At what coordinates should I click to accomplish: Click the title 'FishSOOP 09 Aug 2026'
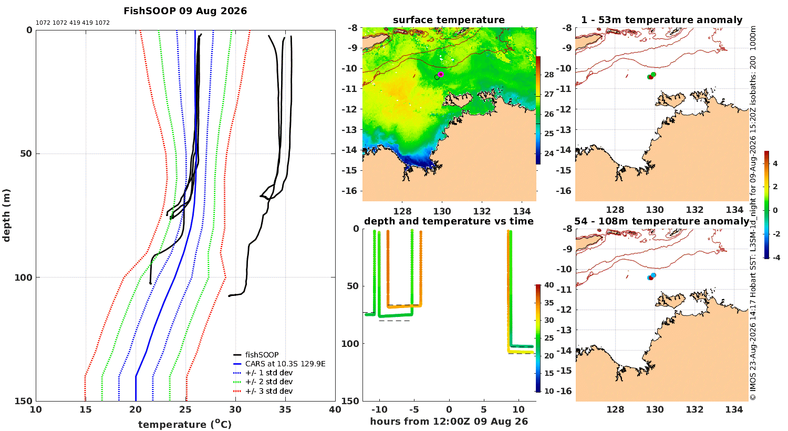185,11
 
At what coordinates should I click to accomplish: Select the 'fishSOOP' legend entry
262,355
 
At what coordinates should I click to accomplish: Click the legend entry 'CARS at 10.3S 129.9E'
285,363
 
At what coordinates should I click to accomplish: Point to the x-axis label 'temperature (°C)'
185,424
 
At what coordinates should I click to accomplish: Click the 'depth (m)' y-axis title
6,215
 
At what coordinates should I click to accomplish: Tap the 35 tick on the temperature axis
285,409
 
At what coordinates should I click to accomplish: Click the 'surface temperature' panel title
449,20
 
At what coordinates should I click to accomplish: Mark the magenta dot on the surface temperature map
441,74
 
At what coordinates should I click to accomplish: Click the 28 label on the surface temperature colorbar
549,75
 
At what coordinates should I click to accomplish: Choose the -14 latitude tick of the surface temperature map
350,150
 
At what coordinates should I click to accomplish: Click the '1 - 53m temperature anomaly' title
662,20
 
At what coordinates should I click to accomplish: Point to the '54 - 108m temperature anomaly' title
662,221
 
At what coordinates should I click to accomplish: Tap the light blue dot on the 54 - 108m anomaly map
654,275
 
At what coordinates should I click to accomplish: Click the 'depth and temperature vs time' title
449,221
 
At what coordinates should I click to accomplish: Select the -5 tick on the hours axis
414,409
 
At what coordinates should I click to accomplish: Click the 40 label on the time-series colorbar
549,285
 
